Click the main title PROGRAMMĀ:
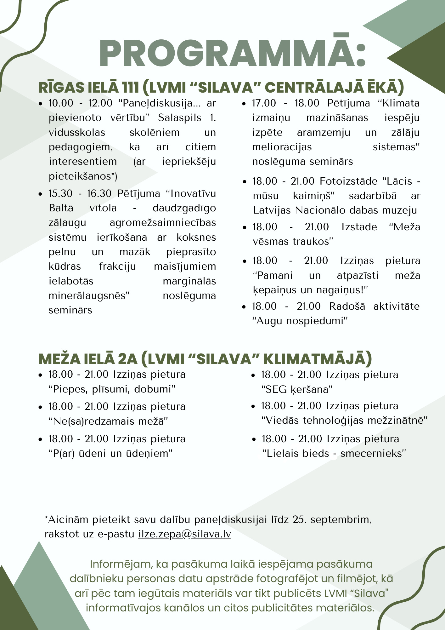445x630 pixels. point(232,53)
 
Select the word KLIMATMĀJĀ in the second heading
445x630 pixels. point(317,359)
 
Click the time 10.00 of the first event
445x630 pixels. point(61,103)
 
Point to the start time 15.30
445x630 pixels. point(60,193)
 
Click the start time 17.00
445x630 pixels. point(264,103)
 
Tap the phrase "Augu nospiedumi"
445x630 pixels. point(300,321)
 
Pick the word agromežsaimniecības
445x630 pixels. point(163,222)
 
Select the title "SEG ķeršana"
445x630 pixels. point(297,389)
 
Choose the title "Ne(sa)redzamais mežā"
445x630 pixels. point(108,421)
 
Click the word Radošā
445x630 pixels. point(347,306)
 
